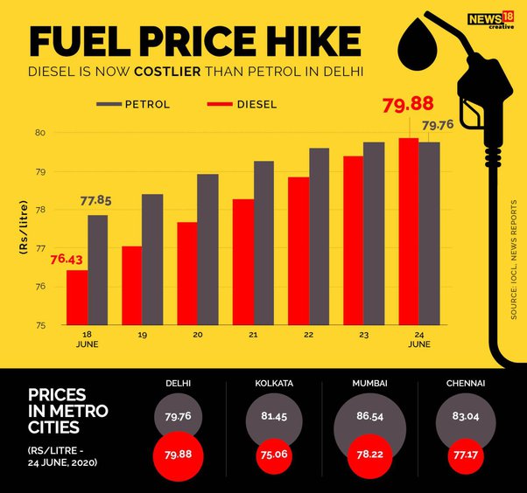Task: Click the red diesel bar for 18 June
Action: pos(77,297)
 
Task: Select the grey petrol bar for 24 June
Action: pos(429,233)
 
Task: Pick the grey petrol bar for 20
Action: pos(207,249)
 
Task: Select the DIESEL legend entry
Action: pos(243,105)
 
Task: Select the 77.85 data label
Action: pos(100,200)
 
